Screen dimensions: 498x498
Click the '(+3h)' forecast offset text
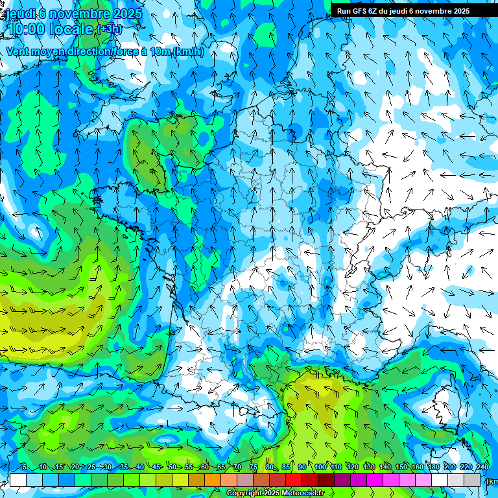(x=108, y=29)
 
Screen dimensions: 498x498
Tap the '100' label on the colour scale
(x=320, y=468)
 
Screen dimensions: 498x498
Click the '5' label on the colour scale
(x=25, y=468)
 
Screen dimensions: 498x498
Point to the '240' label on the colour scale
(x=482, y=468)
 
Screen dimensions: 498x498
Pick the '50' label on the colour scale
(x=172, y=468)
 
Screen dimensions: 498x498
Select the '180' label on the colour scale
(x=433, y=468)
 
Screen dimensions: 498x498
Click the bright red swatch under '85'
(x=294, y=480)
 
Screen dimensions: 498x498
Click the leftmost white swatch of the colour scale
(x=18, y=480)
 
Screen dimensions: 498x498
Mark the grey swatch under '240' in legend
(x=472, y=480)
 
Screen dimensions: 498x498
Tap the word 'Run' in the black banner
(x=344, y=11)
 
